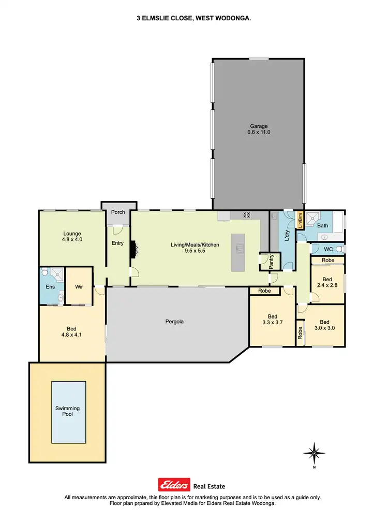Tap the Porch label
click(x=118, y=212)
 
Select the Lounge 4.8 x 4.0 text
click(x=72, y=237)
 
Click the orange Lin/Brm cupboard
click(x=299, y=221)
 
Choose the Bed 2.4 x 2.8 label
click(x=327, y=282)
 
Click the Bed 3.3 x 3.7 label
click(x=272, y=320)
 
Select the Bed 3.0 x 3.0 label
click(x=324, y=324)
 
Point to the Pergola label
click(x=175, y=322)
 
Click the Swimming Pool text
click(x=68, y=411)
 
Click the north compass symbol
click(x=314, y=454)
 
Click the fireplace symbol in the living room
click(x=133, y=249)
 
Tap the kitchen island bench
click(x=239, y=252)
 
